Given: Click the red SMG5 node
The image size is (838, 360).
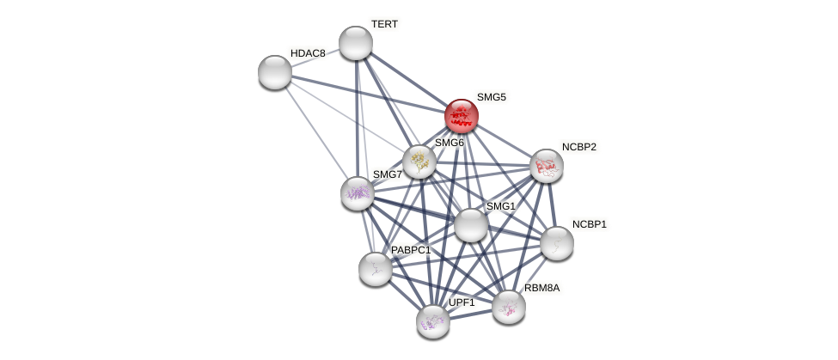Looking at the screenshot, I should coord(462,116).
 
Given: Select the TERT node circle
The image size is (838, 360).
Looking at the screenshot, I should coord(356,43).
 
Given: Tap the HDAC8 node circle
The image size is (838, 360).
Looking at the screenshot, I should coord(275,72).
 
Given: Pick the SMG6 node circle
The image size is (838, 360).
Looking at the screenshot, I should coord(419,162).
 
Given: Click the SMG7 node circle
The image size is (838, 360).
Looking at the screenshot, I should coord(358,193).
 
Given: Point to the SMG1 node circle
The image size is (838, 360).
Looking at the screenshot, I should coord(471,225).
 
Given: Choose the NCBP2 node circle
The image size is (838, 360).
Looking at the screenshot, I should coord(547,166).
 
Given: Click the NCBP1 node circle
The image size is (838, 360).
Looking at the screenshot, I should coord(557,243).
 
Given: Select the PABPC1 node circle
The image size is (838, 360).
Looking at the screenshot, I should coord(376,269).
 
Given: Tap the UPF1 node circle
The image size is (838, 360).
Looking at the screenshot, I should coord(433,321).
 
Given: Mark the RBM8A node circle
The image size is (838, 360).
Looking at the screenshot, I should coord(509,307).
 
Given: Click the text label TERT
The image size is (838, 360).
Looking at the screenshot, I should coord(384,24).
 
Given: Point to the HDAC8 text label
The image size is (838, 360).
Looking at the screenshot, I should coord(308,53).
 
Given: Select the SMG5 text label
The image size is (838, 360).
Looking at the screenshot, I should coord(492,97).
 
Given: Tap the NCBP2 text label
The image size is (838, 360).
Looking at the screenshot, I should coord(579,147).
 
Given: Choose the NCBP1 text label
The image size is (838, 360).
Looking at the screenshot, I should coord(590,224).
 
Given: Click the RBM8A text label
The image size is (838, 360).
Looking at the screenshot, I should coord(541,288).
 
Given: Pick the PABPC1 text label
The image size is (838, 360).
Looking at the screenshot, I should coord(411,250).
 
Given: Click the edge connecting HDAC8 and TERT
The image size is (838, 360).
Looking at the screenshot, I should coord(315,58).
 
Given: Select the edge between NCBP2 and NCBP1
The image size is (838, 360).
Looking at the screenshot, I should coord(552,204).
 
